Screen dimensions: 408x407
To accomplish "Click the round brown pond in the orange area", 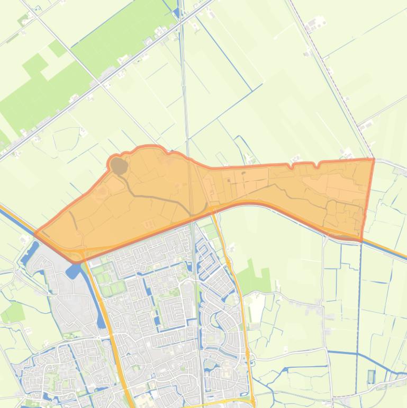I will tap(120, 166).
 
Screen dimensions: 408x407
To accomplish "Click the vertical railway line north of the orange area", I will tap(185, 79).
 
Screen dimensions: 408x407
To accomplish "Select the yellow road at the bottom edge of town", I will tap(222, 403).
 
